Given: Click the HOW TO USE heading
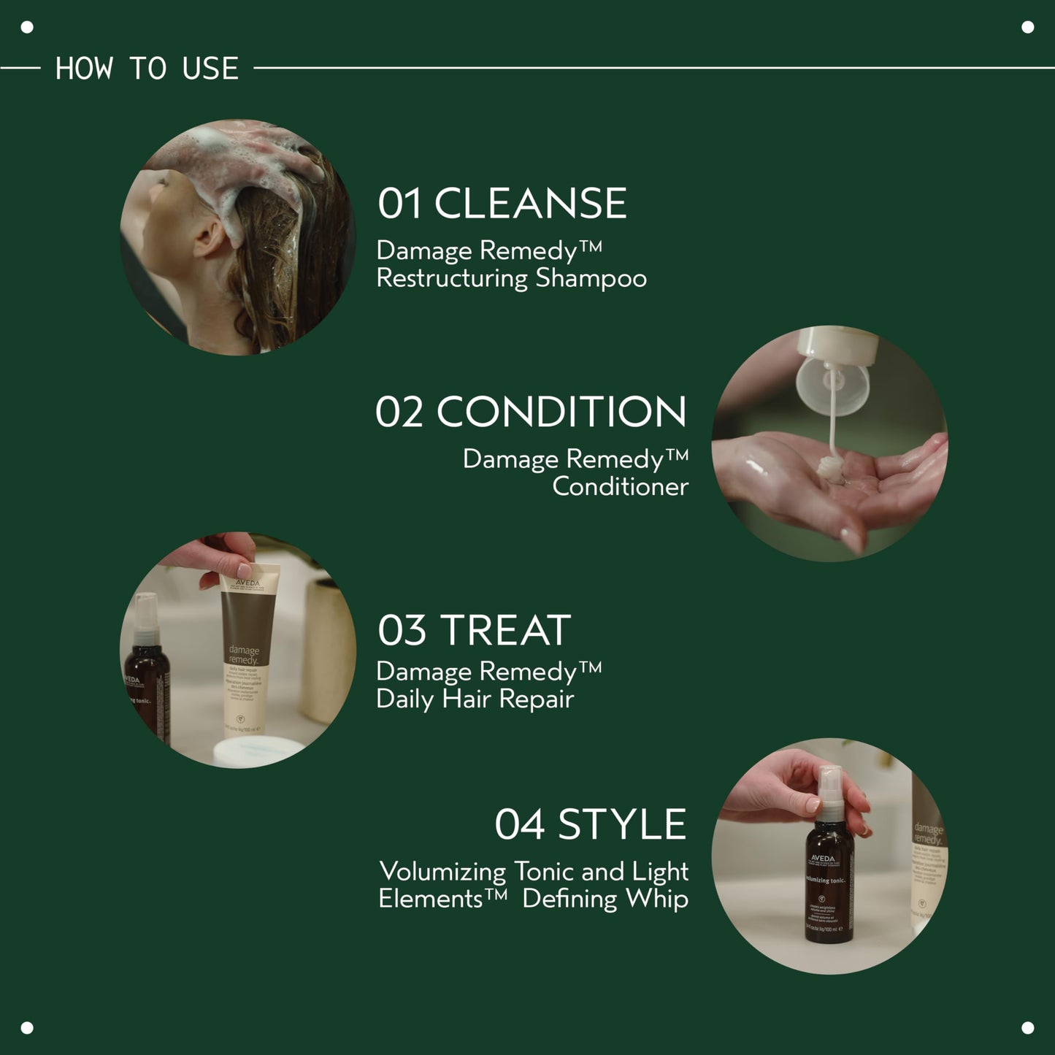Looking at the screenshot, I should [147, 69].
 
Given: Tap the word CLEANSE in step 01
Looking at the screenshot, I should [530, 204].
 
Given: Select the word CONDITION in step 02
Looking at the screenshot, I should [561, 413].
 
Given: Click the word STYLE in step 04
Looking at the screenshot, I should [621, 825].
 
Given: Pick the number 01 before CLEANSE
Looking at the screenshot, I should [399, 204].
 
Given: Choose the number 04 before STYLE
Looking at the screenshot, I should [519, 825].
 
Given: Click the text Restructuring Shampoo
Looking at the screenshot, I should [511, 279].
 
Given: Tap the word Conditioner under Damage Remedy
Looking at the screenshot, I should [620, 487].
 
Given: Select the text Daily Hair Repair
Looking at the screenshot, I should [475, 699].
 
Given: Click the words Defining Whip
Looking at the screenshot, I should [605, 899].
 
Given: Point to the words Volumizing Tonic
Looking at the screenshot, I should [442, 872].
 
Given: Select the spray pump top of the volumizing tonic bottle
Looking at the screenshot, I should [830, 792].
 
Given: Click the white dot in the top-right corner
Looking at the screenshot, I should [1027, 28].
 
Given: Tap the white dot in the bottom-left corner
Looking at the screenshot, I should [27, 1027].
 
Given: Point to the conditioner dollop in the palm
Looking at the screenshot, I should [832, 469].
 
